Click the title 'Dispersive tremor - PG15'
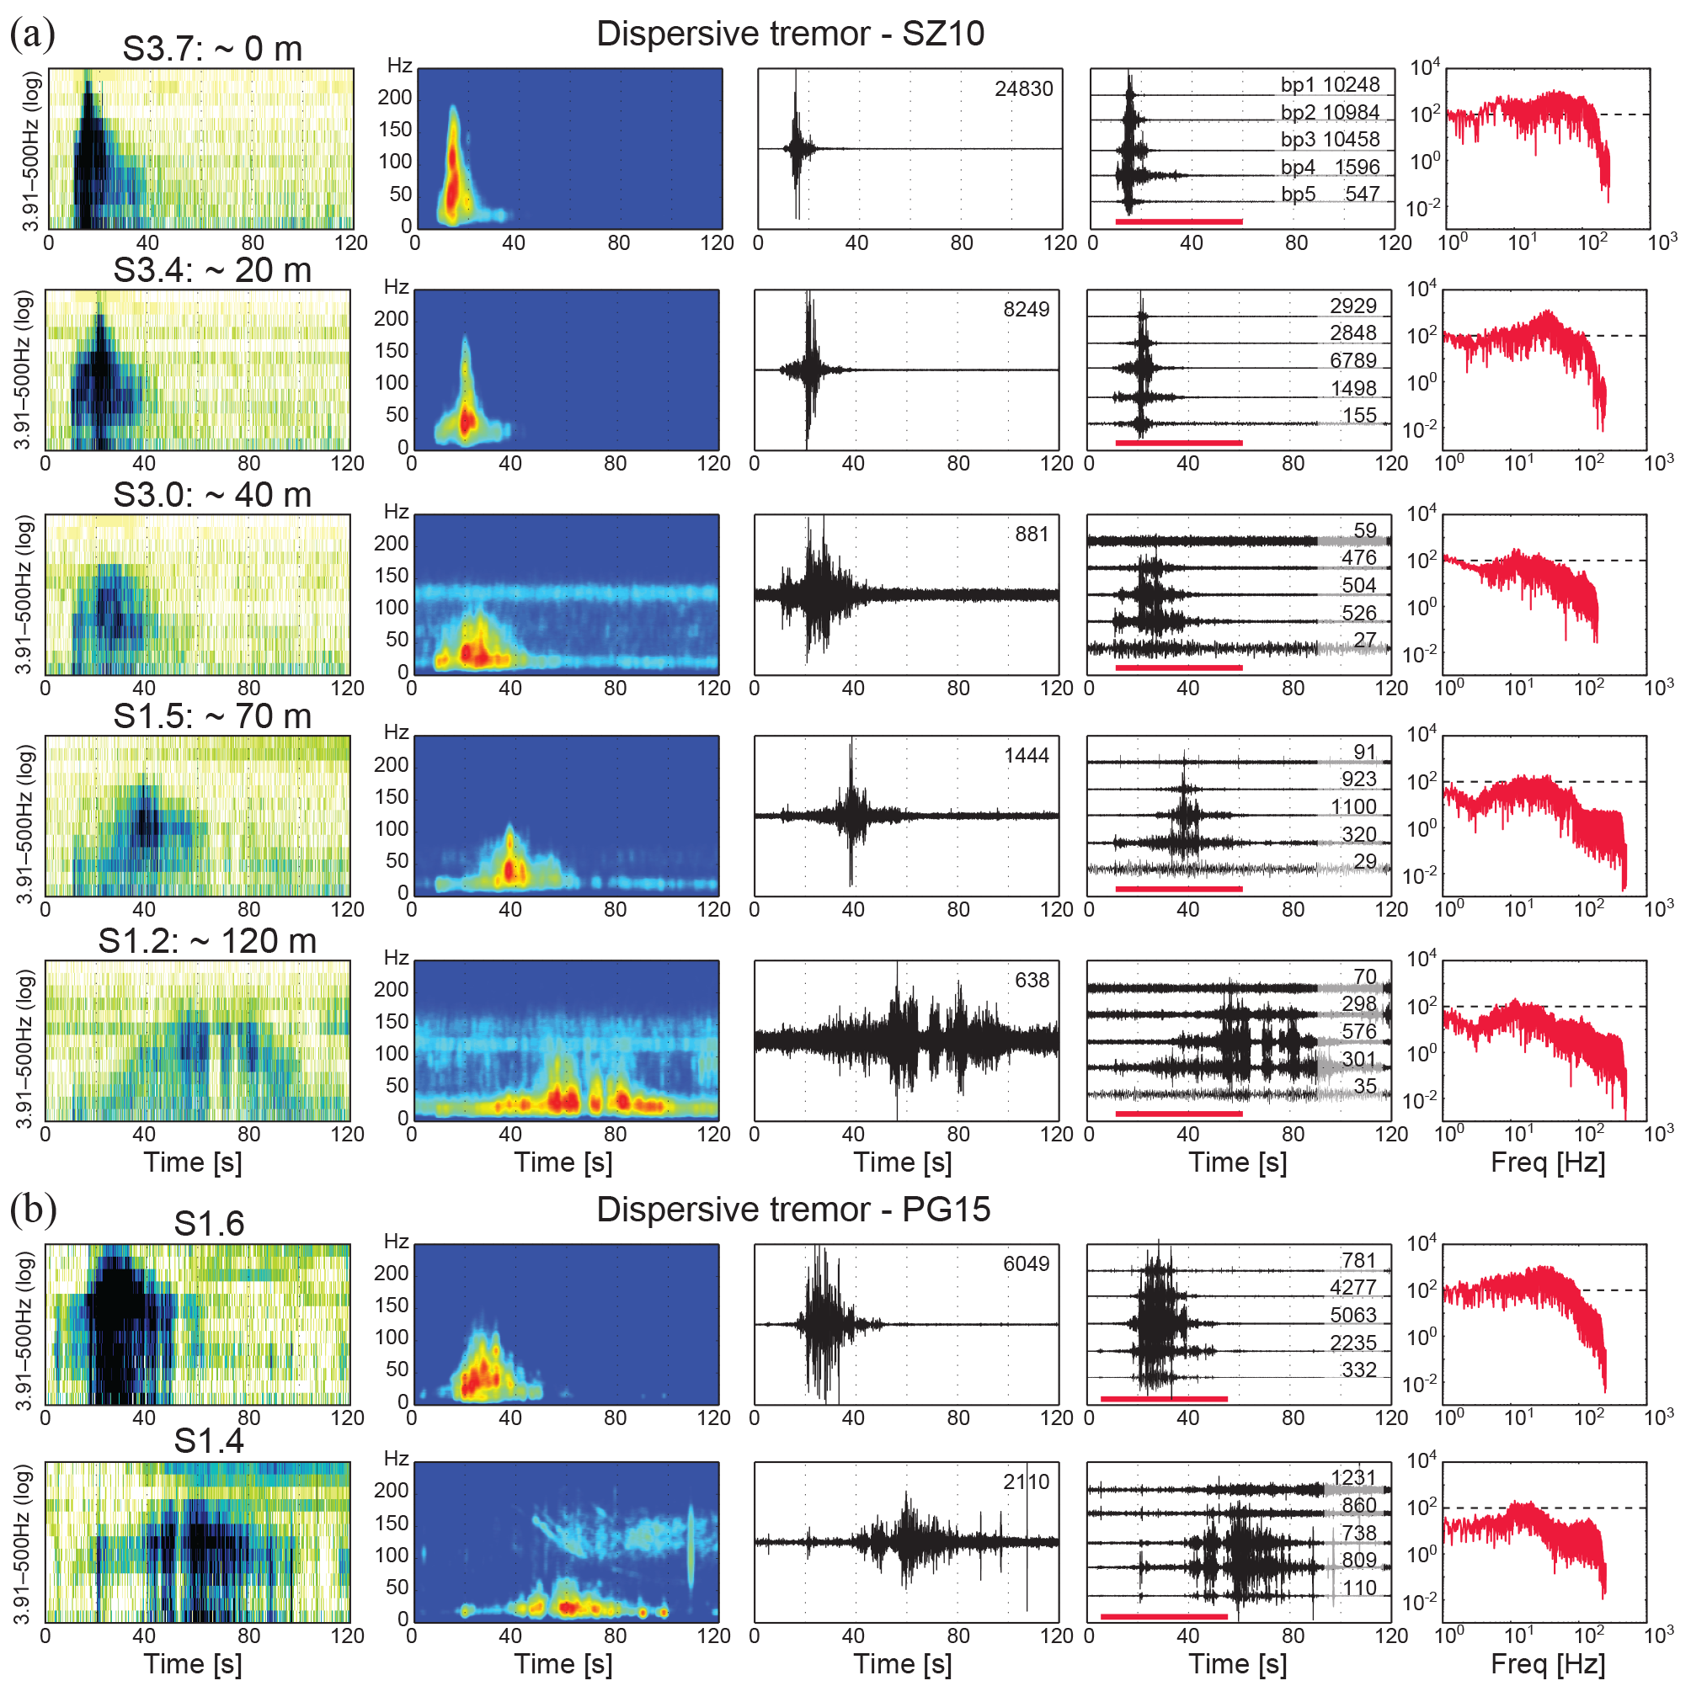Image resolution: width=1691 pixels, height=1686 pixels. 793,1210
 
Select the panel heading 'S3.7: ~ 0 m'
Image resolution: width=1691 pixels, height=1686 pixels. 212,49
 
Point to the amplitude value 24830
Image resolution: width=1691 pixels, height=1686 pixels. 1023,89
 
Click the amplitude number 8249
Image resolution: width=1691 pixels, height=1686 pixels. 1026,310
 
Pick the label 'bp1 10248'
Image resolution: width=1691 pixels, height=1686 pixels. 1330,85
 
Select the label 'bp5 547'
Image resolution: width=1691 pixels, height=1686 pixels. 1330,194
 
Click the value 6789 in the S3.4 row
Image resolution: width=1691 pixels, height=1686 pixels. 1353,360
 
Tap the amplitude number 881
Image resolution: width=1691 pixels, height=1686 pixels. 1032,535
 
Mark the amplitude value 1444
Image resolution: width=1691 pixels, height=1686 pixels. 1026,756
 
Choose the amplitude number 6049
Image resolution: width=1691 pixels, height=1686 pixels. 1026,1264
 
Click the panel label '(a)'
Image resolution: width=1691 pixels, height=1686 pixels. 32,35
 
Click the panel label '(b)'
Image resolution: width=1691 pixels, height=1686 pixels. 32,1210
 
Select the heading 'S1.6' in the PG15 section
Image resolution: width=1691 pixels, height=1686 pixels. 208,1224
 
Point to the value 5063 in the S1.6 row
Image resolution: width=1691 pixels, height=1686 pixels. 1353,1315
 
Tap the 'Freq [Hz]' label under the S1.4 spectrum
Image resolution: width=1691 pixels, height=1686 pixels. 1548,1663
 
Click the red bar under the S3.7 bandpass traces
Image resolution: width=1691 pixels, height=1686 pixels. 1178,222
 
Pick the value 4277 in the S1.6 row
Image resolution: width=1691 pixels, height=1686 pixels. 1353,1288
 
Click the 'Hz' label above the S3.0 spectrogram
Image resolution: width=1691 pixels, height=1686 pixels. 397,512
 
